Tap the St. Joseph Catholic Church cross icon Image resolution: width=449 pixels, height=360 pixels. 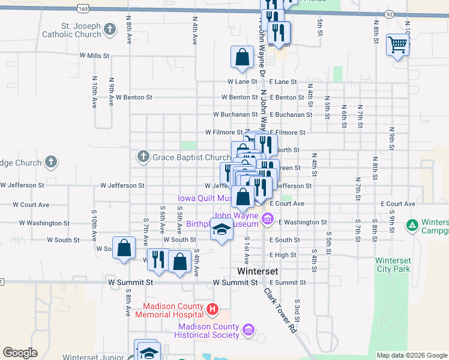click(110, 29)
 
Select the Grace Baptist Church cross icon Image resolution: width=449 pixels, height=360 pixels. click(143, 157)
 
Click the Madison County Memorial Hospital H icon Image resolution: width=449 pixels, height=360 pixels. click(211, 310)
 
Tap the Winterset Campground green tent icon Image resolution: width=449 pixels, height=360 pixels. click(412, 226)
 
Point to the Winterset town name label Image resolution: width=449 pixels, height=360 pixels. click(258, 271)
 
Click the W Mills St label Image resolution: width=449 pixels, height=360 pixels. click(95, 55)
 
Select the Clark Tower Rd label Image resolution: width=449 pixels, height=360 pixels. click(281, 310)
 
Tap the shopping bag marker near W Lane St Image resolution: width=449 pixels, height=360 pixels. click(241, 58)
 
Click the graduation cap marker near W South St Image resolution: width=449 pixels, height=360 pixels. click(221, 230)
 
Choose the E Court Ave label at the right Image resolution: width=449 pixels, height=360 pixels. click(398, 204)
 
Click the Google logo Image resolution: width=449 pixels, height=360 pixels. click(20, 353)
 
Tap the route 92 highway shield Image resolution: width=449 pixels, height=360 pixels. click(390, 14)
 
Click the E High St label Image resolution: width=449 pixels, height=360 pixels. click(283, 255)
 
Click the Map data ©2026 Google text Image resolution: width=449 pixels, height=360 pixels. click(411, 355)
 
